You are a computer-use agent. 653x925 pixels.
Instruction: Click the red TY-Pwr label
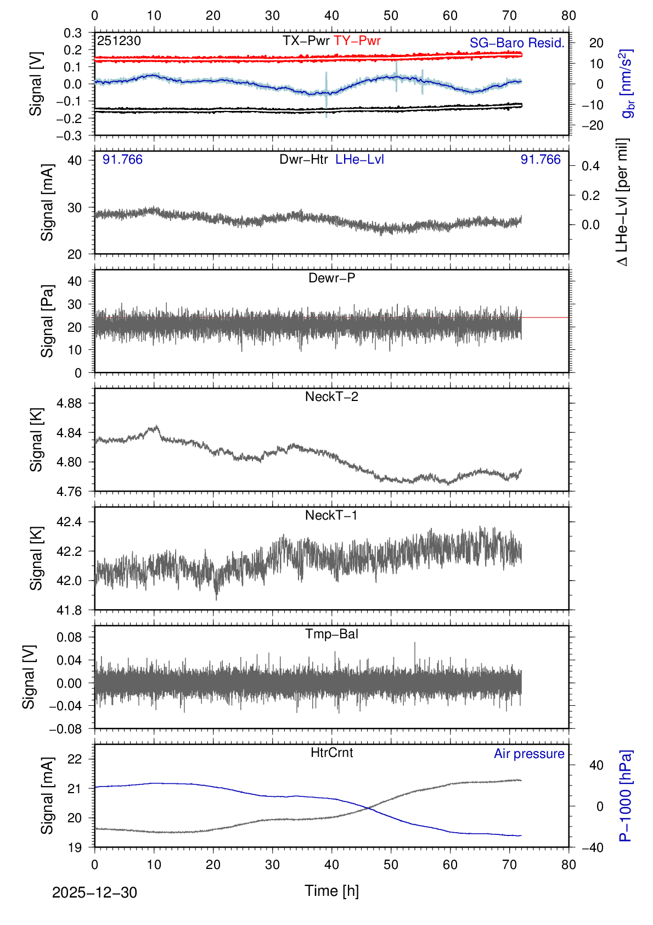357,41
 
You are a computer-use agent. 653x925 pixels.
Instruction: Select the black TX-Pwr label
306,41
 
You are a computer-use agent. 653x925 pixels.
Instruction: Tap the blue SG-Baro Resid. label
517,43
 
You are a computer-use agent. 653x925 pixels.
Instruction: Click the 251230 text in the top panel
119,41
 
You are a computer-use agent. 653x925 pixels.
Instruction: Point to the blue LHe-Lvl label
359,159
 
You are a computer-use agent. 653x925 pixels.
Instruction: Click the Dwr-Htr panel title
303,159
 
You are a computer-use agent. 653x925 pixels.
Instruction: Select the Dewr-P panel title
331,278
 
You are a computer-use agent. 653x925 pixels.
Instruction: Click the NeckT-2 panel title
331,397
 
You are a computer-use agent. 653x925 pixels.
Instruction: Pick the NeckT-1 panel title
331,515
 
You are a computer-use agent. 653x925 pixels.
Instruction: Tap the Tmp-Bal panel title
331,634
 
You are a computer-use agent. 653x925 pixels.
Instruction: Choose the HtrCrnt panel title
331,753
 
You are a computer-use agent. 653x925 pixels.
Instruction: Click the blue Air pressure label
529,754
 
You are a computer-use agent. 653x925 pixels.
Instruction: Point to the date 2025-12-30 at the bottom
94,893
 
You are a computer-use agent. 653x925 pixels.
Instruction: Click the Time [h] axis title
331,890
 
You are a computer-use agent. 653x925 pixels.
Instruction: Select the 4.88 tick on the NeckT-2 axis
69,403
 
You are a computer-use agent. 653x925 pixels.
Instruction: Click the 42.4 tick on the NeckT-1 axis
69,522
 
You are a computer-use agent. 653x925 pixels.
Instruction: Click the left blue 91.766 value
122,159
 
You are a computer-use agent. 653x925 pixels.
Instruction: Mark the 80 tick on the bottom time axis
568,865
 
